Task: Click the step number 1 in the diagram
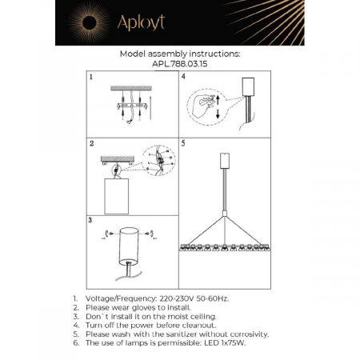(92, 78)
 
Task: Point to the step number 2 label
(92, 144)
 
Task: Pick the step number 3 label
(92, 218)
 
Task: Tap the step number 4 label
(184, 78)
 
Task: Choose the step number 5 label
(184, 144)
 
